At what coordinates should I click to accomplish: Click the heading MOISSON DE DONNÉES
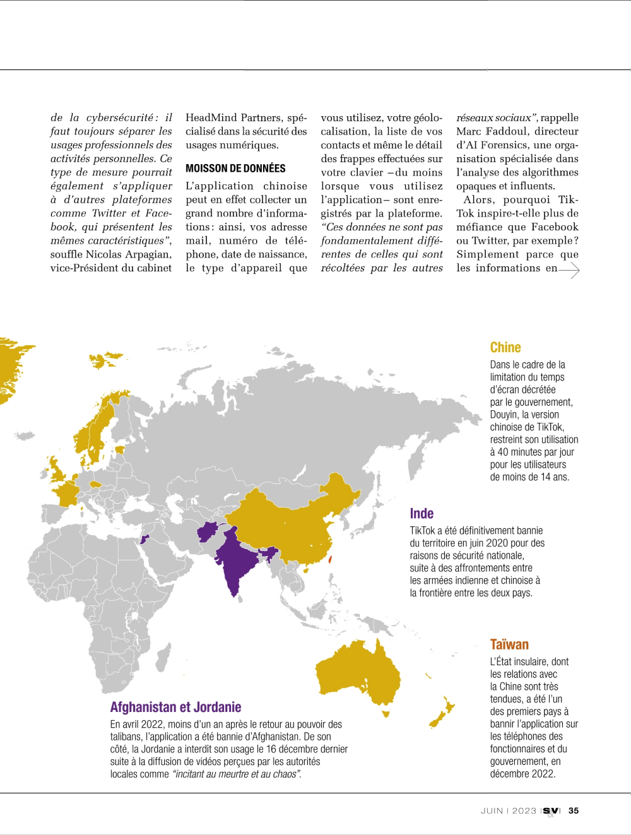pos(235,169)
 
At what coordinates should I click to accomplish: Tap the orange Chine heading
pos(505,347)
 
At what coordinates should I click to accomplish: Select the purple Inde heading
pos(422,514)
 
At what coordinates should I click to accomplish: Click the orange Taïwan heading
pos(509,644)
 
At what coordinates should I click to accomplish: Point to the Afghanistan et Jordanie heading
pos(175,707)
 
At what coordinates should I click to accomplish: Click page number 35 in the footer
pos(574,811)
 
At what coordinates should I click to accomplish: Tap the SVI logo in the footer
pos(551,811)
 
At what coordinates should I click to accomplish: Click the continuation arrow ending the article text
pos(569,270)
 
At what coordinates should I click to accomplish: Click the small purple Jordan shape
pos(144,539)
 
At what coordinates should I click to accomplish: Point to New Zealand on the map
pos(442,713)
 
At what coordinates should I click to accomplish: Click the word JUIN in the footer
pos(492,811)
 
